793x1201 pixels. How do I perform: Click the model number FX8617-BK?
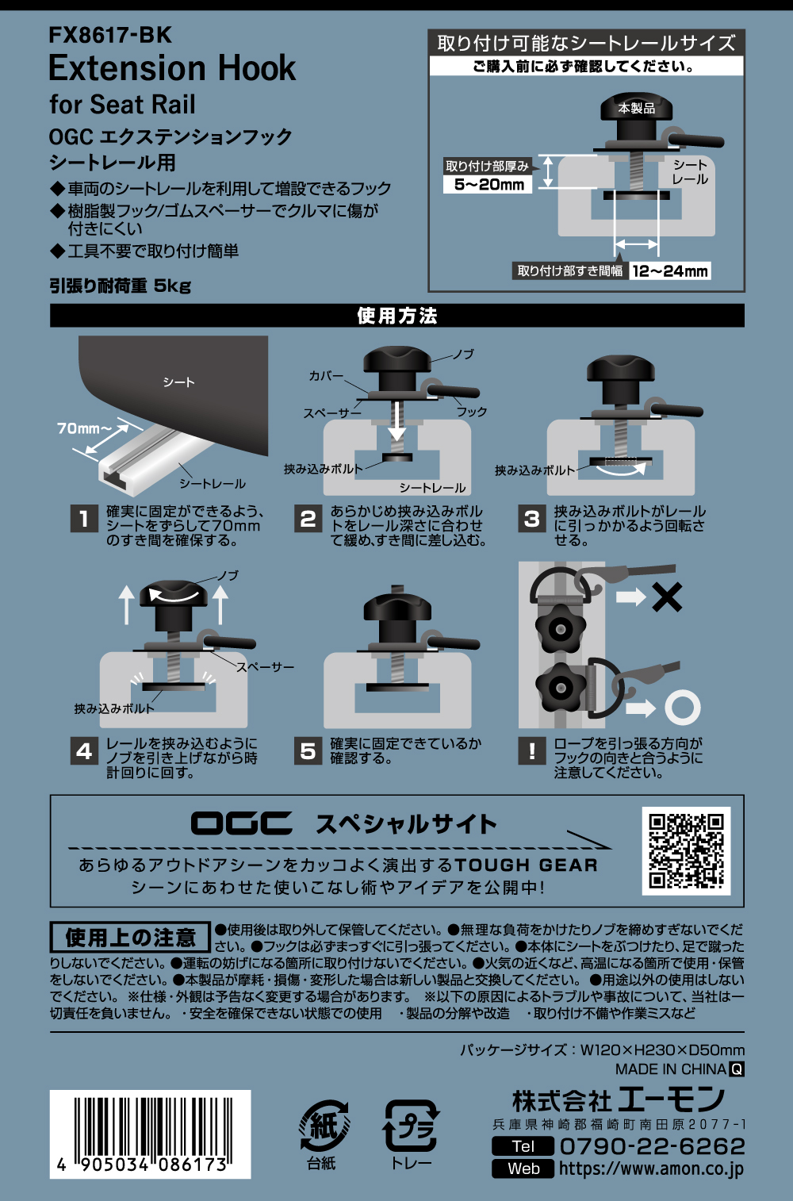(x=110, y=35)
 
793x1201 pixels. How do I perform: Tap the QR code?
(x=686, y=850)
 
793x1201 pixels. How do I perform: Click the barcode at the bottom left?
(x=151, y=1134)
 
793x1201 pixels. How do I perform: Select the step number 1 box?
(x=84, y=519)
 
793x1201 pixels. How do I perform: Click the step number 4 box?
(x=84, y=750)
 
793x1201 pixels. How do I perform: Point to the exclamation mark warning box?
(x=532, y=750)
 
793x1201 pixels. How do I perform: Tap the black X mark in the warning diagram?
(x=666, y=597)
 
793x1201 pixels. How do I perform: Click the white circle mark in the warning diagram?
(x=682, y=707)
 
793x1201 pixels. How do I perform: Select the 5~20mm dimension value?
(x=488, y=185)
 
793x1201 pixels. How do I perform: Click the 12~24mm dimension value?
(x=670, y=271)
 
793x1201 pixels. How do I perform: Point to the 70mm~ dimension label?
(x=82, y=428)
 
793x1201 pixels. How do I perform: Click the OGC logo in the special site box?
(x=241, y=823)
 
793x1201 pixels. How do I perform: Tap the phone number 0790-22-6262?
(x=652, y=1146)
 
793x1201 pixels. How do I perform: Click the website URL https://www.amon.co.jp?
(x=651, y=1168)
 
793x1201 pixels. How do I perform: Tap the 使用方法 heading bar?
(x=396, y=316)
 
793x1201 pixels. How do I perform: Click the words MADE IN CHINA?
(x=671, y=1069)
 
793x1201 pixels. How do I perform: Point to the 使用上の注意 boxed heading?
(x=130, y=938)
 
